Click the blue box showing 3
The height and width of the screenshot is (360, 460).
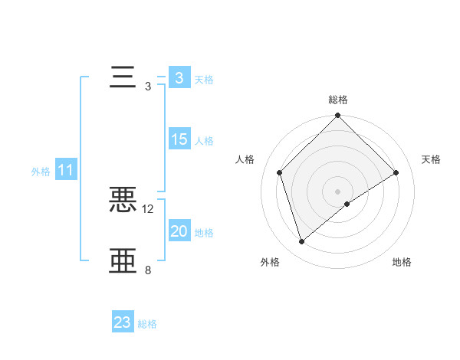point(179,78)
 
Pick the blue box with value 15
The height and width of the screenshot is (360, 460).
point(179,139)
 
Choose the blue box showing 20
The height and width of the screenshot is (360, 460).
point(179,231)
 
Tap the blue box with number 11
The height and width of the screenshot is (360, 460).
point(65,170)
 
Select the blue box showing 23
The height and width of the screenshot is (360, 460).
point(122,322)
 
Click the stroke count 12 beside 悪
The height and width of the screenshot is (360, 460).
point(148,208)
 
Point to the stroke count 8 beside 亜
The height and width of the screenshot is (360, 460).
point(148,270)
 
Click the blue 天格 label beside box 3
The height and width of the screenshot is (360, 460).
point(204,80)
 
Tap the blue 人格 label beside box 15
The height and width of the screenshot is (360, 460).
point(204,141)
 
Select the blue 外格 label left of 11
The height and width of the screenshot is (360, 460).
point(41,172)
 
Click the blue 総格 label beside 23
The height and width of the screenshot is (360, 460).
point(147,324)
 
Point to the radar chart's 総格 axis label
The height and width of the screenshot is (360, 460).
point(338,100)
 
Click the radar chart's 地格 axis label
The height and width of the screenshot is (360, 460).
point(402,263)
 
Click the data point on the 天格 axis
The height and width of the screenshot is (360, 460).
point(396,172)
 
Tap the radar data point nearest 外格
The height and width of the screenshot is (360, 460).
point(302,241)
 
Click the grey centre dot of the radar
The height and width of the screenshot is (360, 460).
point(338,191)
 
